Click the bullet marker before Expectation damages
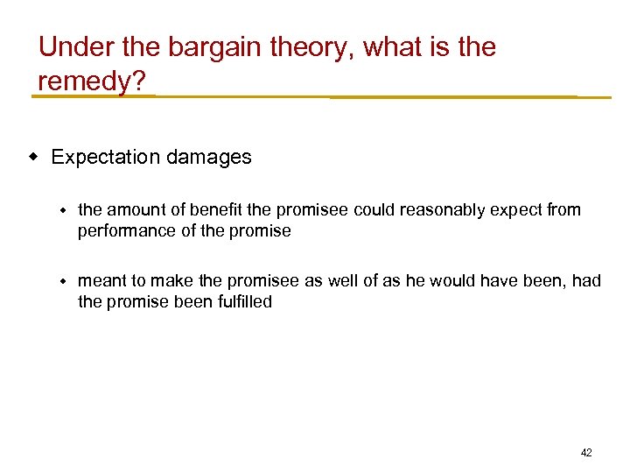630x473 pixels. coord(35,157)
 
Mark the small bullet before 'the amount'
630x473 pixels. coord(63,210)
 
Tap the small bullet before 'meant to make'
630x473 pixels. coord(63,281)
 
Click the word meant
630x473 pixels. coord(101,281)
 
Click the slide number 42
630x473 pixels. coord(586,453)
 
